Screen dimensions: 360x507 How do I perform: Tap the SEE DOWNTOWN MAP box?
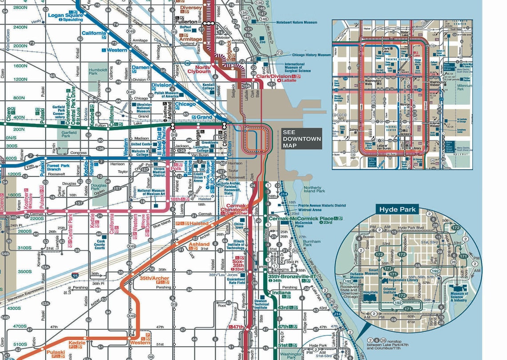tap(301, 139)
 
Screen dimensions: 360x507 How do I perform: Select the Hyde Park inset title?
tap(397, 210)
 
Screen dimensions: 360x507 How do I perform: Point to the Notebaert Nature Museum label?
tap(297, 22)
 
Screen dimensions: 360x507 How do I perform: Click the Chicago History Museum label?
tap(311, 55)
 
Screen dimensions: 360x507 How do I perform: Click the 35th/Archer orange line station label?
tap(154, 279)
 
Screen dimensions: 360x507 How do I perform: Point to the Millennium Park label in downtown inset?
tap(465, 87)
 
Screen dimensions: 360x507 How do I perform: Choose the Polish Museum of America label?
tap(166, 94)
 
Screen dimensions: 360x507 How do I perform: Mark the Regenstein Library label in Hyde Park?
tap(403, 280)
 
